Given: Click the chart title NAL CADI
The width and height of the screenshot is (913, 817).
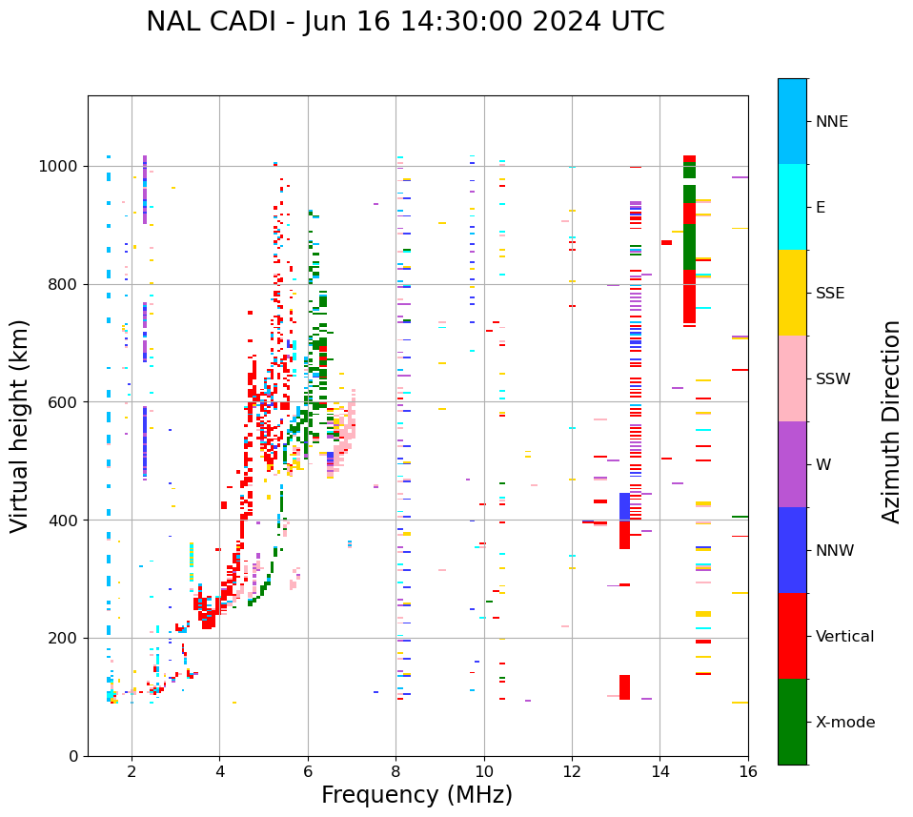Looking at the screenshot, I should click(x=405, y=22).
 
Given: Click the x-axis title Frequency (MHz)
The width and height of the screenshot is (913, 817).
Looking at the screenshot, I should click(x=416, y=795).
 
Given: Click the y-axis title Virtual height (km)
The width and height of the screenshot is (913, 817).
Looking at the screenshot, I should click(x=20, y=425).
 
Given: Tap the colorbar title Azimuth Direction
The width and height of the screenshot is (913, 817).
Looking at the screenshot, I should click(x=891, y=421).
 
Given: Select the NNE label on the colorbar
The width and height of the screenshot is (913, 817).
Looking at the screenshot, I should click(x=831, y=122).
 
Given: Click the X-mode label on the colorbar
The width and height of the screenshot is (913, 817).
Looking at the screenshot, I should click(x=844, y=723).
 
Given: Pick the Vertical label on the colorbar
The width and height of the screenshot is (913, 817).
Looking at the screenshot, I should click(x=844, y=637).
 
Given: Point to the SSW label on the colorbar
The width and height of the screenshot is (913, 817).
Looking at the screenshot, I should click(x=833, y=379).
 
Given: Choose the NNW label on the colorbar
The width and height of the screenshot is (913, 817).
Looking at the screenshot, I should click(x=835, y=551).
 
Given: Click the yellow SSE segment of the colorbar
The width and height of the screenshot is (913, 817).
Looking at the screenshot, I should click(x=792, y=292).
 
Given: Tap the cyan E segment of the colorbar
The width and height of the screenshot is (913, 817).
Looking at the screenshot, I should click(x=792, y=206).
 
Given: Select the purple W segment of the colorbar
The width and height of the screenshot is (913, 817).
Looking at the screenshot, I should click(x=792, y=464).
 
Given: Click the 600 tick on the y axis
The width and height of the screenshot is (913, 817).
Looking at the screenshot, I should click(x=66, y=402).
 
